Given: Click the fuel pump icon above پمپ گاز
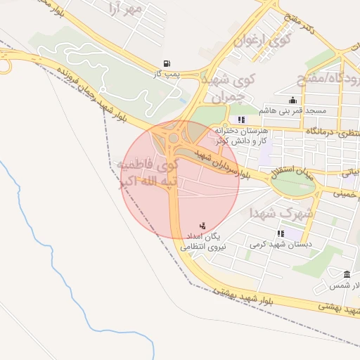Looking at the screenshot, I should pyautogui.click(x=166, y=63).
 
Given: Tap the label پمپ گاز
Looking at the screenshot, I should pyautogui.click(x=167, y=73).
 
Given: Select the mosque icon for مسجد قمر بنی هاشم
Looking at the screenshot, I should pyautogui.click(x=292, y=101).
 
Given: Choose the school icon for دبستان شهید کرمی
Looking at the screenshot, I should pyautogui.click(x=281, y=233).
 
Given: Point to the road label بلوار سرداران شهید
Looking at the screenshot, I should pyautogui.click(x=225, y=164).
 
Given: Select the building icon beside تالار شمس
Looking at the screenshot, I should pyautogui.click(x=347, y=274).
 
